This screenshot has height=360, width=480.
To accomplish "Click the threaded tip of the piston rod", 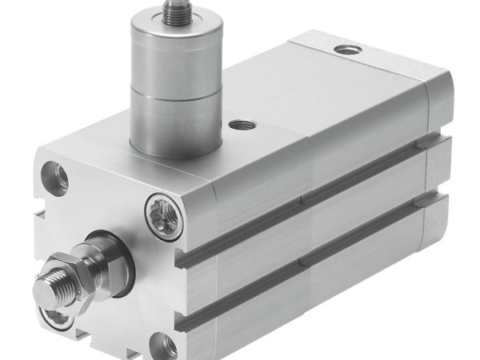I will coord(50,287).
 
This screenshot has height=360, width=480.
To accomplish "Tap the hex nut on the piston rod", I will coord(72,269).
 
